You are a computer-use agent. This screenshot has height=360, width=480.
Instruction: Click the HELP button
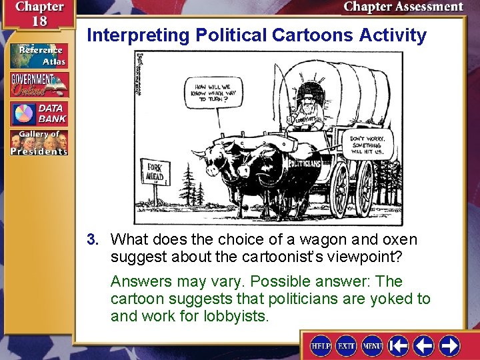(321, 345)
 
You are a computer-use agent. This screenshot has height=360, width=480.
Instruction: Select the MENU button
(372, 345)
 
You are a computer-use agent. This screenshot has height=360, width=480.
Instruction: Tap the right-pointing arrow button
(449, 345)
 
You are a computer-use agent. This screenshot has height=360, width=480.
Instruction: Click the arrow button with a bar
(399, 345)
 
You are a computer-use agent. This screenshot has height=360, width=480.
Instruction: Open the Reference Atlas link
(38, 57)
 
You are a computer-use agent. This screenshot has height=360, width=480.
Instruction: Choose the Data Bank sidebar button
(38, 114)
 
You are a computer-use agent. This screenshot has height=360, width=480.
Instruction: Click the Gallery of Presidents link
(38, 143)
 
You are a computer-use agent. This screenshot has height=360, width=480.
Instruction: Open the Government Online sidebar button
(38, 85)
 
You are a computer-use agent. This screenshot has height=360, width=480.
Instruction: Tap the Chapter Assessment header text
(403, 7)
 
